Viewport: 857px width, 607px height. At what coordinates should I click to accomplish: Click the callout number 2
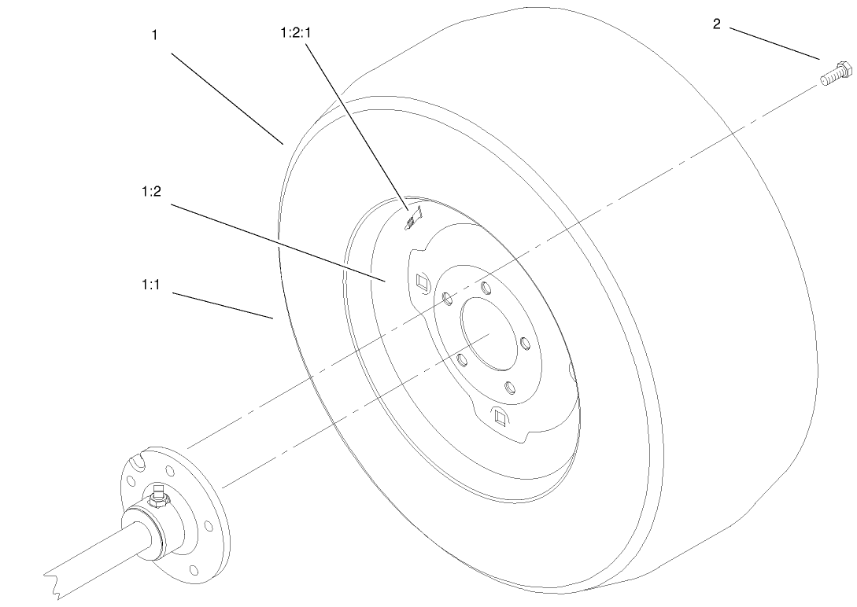tap(716, 24)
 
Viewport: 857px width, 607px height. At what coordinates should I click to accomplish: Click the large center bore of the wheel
tap(490, 332)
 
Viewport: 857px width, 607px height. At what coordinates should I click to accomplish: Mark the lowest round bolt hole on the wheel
tap(510, 388)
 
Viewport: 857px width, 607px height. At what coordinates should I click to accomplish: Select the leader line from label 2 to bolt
tap(775, 44)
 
